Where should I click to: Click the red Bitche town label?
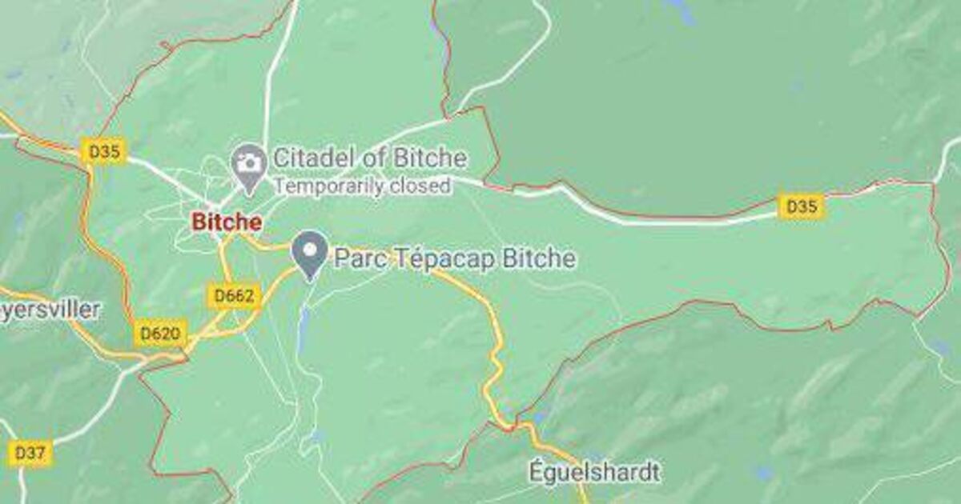pyautogui.click(x=226, y=222)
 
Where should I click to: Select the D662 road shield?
pyautogui.click(x=235, y=296)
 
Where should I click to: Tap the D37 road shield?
pyautogui.click(x=30, y=454)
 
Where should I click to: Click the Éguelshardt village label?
pyautogui.click(x=595, y=472)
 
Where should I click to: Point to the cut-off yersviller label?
pyautogui.click(x=50, y=309)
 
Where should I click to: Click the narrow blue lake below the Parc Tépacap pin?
pyautogui.click(x=304, y=328)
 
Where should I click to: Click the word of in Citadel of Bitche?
pyautogui.click(x=370, y=158)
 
